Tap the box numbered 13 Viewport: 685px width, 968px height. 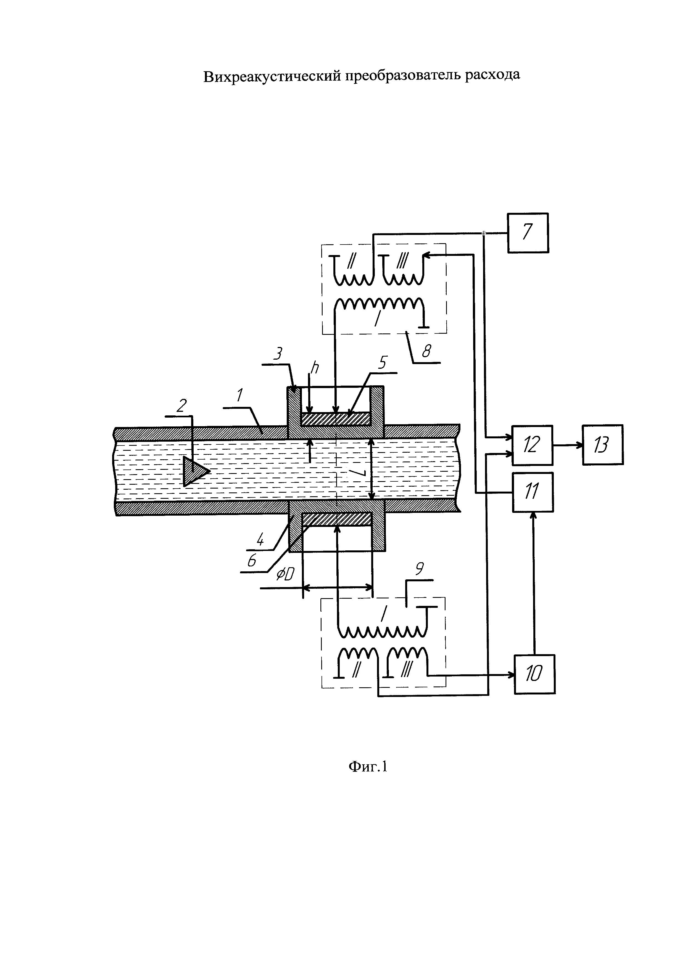pyautogui.click(x=603, y=444)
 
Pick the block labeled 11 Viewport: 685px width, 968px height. pyautogui.click(x=533, y=492)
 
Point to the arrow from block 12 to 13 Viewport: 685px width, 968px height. pyautogui.click(x=568, y=445)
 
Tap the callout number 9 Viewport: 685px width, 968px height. pyautogui.click(x=419, y=570)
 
